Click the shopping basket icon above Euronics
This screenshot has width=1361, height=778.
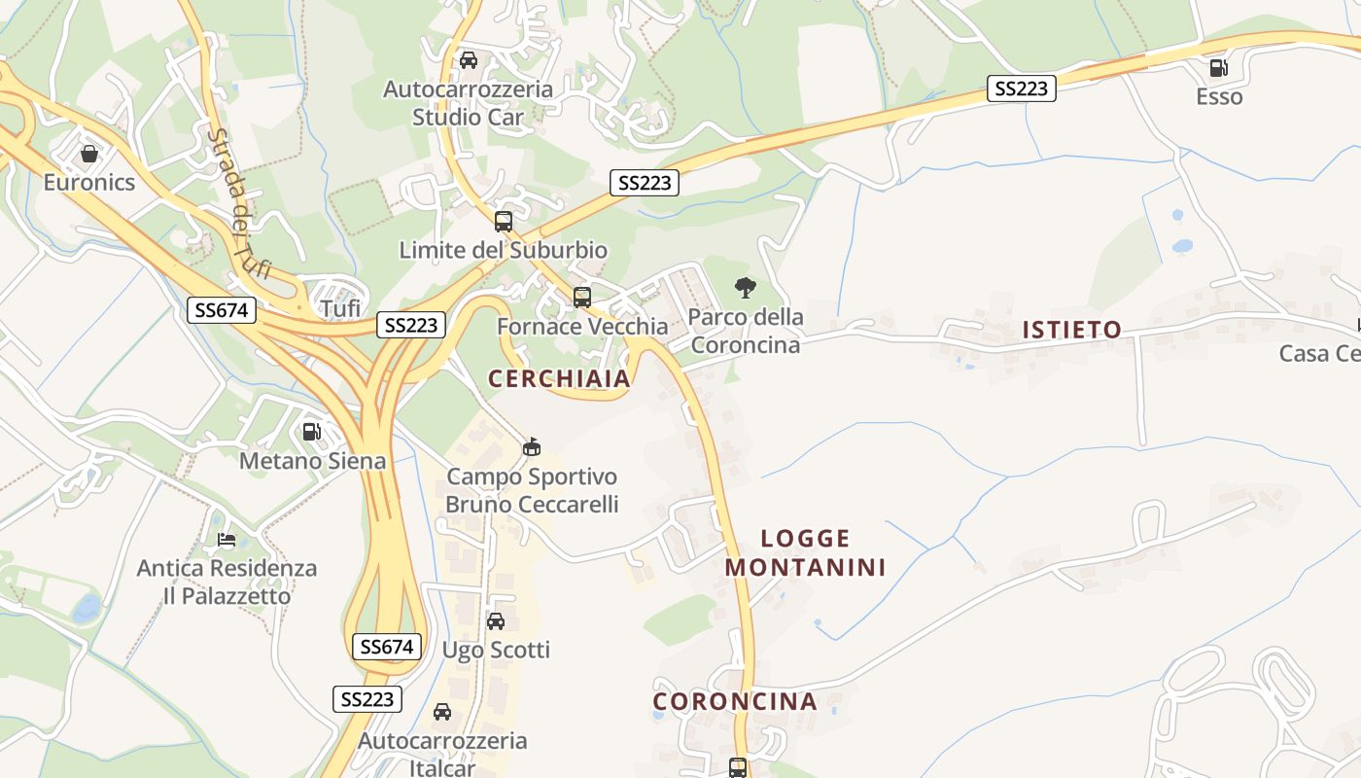coord(89,154)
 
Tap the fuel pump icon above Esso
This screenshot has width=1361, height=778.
coord(1218,68)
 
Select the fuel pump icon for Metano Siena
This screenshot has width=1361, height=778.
coord(312,432)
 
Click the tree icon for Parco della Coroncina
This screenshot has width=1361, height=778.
coord(746,287)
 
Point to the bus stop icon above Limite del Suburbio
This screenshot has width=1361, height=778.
coord(503,221)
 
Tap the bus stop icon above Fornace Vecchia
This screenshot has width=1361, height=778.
coord(581,298)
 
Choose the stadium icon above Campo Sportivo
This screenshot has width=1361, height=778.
coord(531,447)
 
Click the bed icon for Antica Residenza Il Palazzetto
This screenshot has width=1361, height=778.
coord(227,539)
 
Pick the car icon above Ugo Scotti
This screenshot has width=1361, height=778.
coord(496,620)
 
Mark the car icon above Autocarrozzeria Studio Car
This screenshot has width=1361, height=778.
coord(469,60)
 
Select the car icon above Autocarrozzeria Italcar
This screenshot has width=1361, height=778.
coord(442,712)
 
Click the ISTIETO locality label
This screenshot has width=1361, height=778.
coord(1071,330)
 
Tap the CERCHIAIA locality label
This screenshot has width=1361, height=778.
coord(559,379)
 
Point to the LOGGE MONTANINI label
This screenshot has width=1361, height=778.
coord(805,552)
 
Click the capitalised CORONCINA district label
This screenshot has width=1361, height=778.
coord(734,701)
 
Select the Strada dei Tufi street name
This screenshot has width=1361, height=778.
coord(238,204)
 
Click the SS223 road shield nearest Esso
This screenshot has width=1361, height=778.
coord(1021,88)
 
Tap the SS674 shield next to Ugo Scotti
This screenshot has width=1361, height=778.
coord(386,647)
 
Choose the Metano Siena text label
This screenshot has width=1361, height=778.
coord(312,461)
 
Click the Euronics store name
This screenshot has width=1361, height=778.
coord(89,182)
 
